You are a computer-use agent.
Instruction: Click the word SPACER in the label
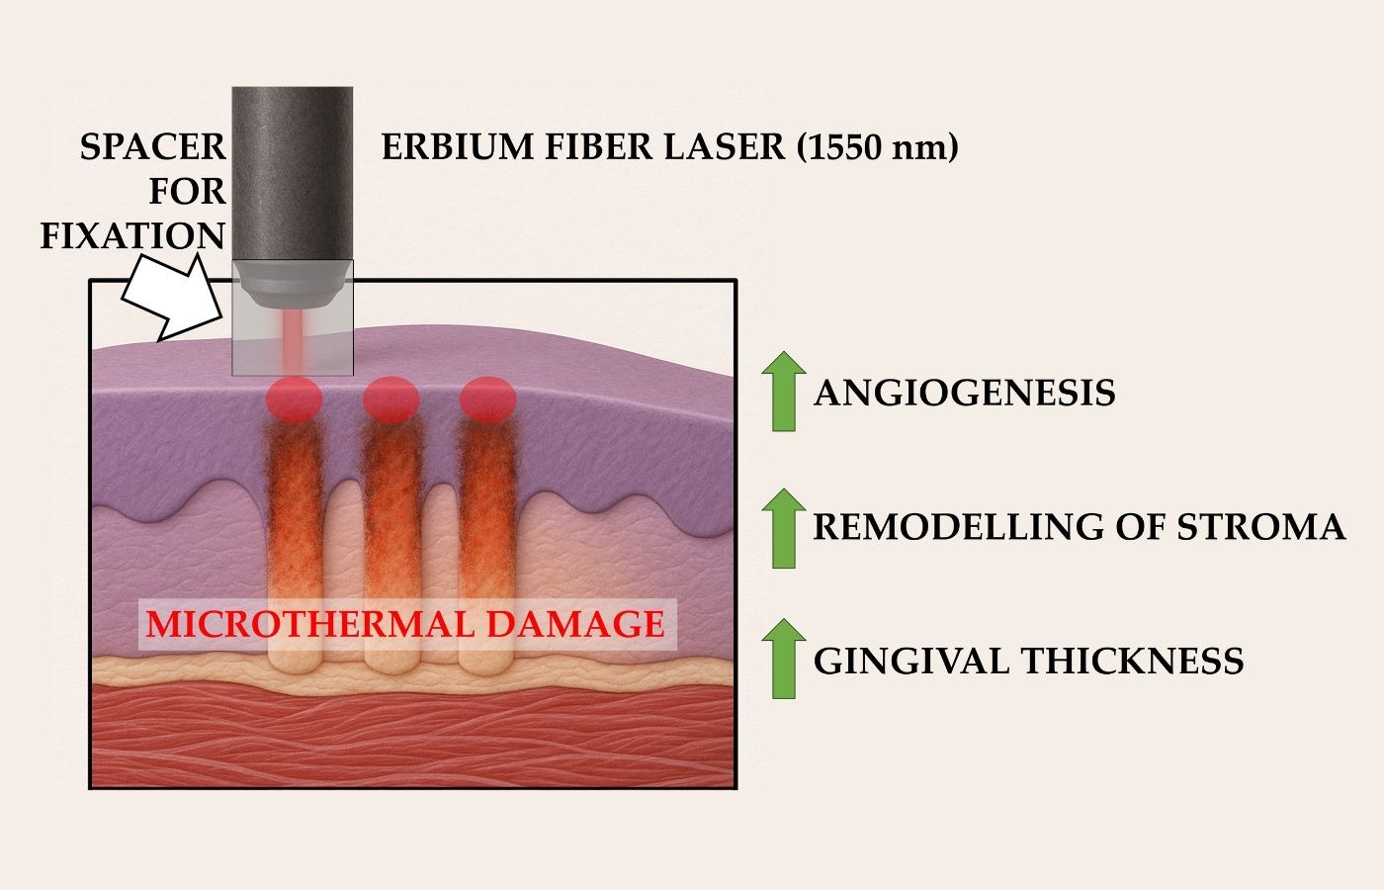tap(152, 147)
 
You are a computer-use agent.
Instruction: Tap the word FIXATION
tap(132, 236)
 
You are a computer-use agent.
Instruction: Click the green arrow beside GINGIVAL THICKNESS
tap(783, 659)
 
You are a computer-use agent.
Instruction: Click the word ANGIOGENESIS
tap(965, 394)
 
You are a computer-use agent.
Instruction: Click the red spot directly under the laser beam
tap(294, 399)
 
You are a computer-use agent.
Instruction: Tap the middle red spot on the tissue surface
tap(390, 399)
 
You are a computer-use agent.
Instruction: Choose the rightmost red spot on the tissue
tap(488, 399)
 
